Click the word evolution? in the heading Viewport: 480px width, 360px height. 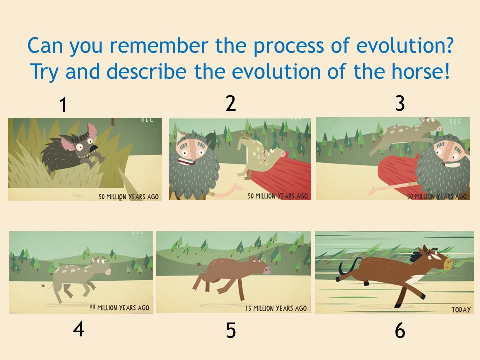[x=404, y=45]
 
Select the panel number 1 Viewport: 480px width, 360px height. [x=63, y=105]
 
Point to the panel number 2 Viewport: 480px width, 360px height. [x=231, y=103]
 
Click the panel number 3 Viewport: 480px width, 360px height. [x=400, y=103]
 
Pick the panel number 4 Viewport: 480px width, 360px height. [x=78, y=329]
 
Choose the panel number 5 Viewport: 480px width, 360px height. [x=231, y=331]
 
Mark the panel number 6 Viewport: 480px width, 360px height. [x=400, y=331]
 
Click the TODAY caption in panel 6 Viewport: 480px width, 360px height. [x=461, y=310]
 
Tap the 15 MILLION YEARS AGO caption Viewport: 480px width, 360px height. [x=276, y=308]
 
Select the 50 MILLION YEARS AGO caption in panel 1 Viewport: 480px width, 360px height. [x=129, y=196]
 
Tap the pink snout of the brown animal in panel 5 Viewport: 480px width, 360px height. [x=266, y=270]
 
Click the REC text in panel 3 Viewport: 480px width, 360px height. [x=455, y=122]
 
